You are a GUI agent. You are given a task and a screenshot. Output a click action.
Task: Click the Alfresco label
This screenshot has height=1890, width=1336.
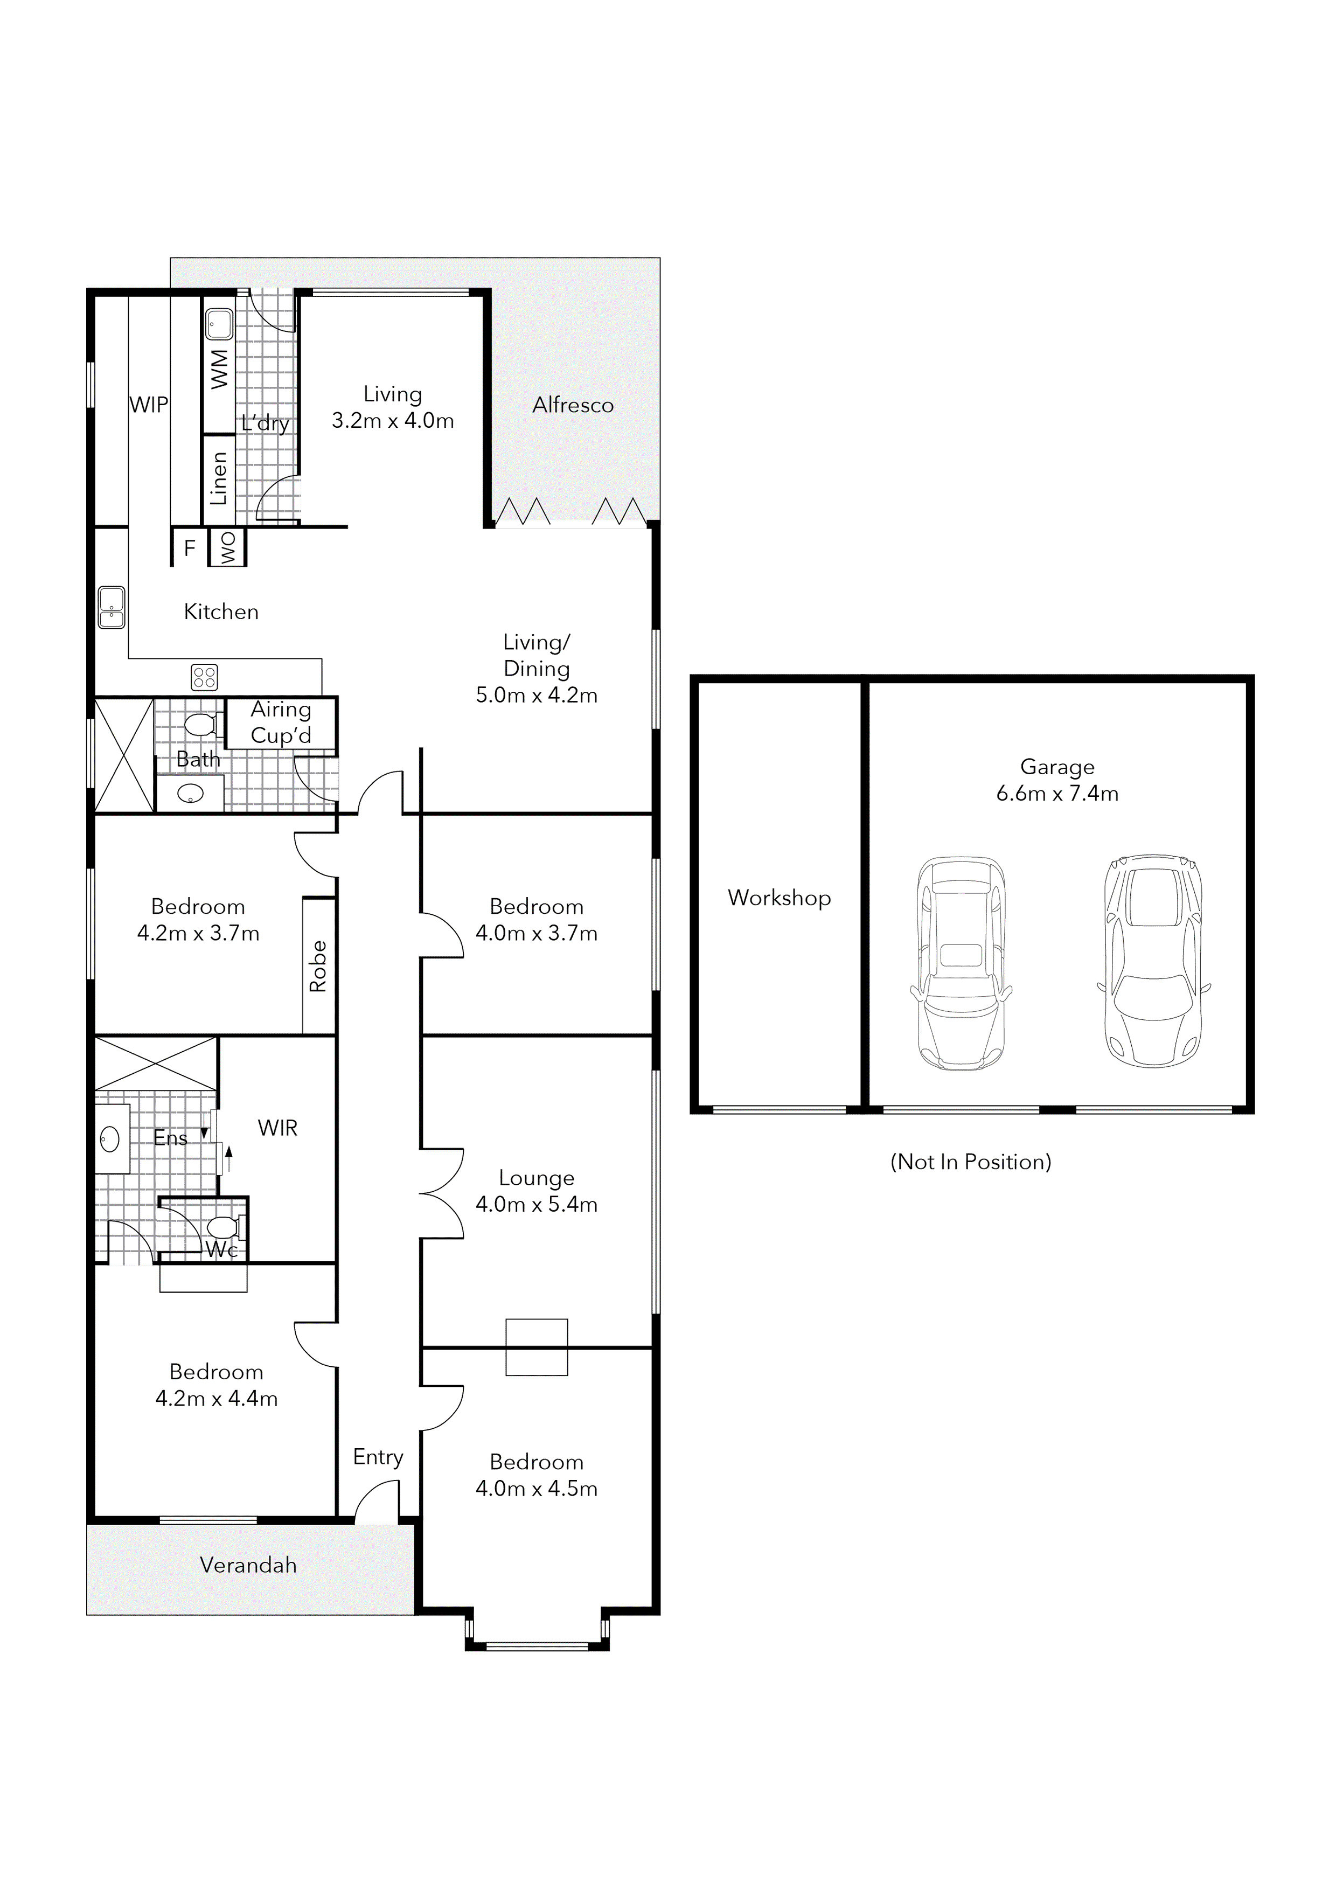(573, 405)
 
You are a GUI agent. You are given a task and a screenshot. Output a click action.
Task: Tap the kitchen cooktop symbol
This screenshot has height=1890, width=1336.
(204, 677)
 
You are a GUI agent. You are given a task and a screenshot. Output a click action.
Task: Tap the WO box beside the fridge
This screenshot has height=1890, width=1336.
(228, 547)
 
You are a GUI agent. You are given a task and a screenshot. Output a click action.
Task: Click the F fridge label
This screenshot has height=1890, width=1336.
(189, 548)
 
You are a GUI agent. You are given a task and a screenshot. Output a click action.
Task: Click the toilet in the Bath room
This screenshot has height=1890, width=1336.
(201, 725)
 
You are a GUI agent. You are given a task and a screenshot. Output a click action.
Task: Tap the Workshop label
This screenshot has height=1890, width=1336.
(779, 898)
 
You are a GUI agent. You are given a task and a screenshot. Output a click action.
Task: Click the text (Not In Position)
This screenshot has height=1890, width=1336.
(971, 1162)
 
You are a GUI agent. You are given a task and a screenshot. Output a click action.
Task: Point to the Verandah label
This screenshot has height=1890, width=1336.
(248, 1565)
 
